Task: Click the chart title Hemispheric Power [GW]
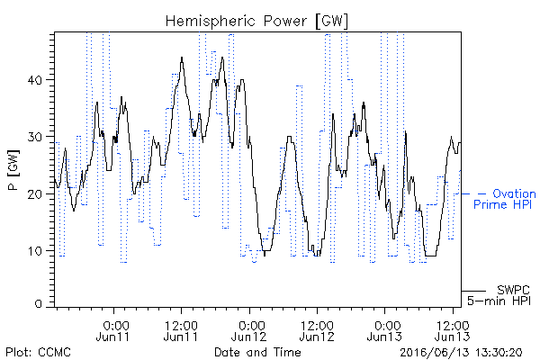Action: point(256,22)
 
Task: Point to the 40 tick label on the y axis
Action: point(34,80)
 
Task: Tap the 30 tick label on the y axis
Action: point(34,137)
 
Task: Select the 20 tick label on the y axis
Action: point(34,194)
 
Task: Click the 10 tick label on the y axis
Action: point(35,251)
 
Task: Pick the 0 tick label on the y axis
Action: point(38,304)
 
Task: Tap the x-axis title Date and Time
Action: point(257,352)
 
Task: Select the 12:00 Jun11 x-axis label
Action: point(181,330)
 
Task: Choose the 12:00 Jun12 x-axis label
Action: point(317,330)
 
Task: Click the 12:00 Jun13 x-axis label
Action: point(452,330)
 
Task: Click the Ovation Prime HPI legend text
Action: point(505,199)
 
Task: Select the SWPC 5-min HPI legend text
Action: point(499,295)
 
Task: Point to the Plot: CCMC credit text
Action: point(38,352)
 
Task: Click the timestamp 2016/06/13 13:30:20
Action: point(461,353)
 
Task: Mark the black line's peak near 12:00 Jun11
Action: point(182,58)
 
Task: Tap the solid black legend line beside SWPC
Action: point(473,291)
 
